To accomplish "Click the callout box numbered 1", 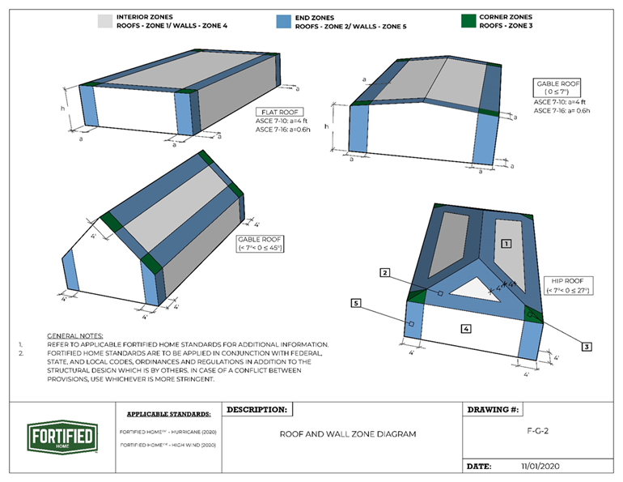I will (x=506, y=243).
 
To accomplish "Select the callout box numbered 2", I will (x=386, y=273).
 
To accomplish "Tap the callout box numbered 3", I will (x=587, y=346).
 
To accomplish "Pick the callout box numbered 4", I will (x=465, y=328).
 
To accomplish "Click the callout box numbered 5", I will (x=356, y=303).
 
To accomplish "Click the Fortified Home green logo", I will (x=62, y=437).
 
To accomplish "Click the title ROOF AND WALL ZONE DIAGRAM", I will (x=348, y=434).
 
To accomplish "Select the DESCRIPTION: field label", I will (x=256, y=410).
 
